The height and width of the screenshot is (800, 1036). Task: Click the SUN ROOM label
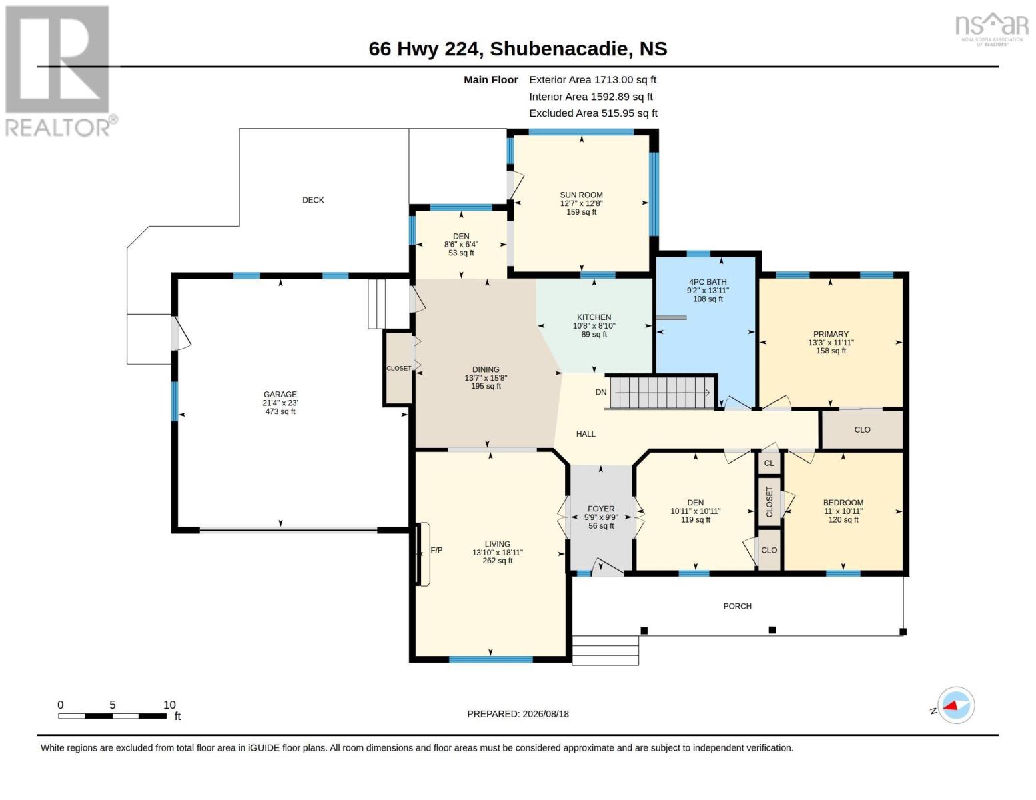pyautogui.click(x=581, y=195)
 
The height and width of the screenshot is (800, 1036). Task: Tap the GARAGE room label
pyautogui.click(x=280, y=395)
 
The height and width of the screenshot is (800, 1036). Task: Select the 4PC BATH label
pyautogui.click(x=708, y=282)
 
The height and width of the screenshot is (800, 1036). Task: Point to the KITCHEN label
pyautogui.click(x=594, y=317)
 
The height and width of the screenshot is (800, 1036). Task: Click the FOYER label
pyautogui.click(x=601, y=509)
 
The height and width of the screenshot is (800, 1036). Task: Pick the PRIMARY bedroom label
pyautogui.click(x=831, y=335)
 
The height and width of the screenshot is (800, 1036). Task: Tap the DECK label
pyautogui.click(x=314, y=200)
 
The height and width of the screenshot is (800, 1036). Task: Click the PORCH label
pyautogui.click(x=738, y=606)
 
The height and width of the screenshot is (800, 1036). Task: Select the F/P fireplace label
pyautogui.click(x=436, y=550)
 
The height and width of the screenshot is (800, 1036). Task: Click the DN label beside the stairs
pyautogui.click(x=600, y=392)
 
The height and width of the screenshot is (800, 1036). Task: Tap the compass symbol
pyautogui.click(x=956, y=705)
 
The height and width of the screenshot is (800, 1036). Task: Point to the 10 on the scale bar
pyautogui.click(x=169, y=705)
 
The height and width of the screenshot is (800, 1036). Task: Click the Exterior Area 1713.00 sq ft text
pyautogui.click(x=592, y=80)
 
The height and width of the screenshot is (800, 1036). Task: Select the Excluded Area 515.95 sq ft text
pyautogui.click(x=593, y=113)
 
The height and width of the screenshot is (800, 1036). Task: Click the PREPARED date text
pyautogui.click(x=518, y=714)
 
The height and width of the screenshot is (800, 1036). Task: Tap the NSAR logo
pyautogui.click(x=992, y=29)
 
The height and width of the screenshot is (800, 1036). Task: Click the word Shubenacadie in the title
pyautogui.click(x=559, y=49)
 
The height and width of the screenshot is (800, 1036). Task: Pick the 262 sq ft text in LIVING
pyautogui.click(x=497, y=561)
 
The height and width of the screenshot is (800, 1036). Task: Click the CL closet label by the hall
pyautogui.click(x=769, y=463)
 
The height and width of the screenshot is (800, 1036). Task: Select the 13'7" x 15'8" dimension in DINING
pyautogui.click(x=486, y=378)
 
